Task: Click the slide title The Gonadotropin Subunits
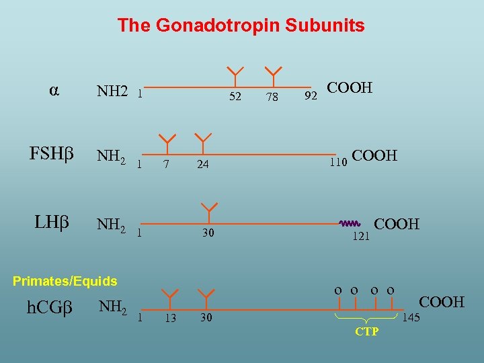coord(241,26)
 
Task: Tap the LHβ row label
coord(52,222)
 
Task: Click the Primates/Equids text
coord(65,281)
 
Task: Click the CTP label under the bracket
coord(366,331)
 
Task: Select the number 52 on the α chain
coord(235,97)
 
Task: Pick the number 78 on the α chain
coord(272,97)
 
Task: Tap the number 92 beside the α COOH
coord(311,96)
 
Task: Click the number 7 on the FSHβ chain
coord(165,164)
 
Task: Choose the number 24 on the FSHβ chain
coord(202,164)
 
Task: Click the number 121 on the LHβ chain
coord(361,236)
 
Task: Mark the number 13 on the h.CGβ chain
coord(170,318)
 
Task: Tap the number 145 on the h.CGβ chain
coord(411,317)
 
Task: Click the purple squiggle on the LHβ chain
coord(350,223)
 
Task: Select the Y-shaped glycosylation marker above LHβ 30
coord(209,210)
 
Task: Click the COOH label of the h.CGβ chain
coord(442,302)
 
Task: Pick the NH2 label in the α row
coord(112,91)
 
